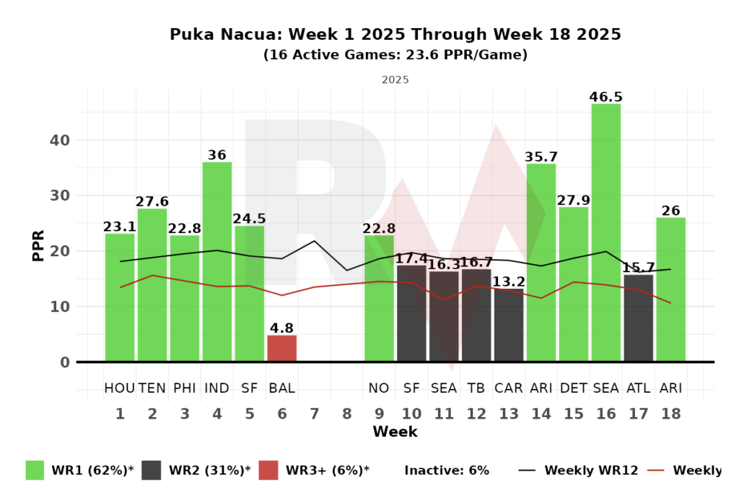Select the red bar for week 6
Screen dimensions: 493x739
281,348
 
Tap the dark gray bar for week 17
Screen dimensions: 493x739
638,318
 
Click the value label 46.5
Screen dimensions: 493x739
605,97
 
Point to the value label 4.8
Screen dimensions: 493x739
281,328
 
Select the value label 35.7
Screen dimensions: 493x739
541,157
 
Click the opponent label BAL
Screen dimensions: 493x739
281,388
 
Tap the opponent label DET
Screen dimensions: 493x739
573,388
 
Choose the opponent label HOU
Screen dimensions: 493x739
119,388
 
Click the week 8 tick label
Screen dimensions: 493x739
347,414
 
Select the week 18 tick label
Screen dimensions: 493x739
670,414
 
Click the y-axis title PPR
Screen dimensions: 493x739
38,245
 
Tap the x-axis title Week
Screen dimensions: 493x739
395,432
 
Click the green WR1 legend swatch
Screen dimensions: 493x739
35,471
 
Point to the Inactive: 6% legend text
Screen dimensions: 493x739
447,471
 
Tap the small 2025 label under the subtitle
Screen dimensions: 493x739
395,79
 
